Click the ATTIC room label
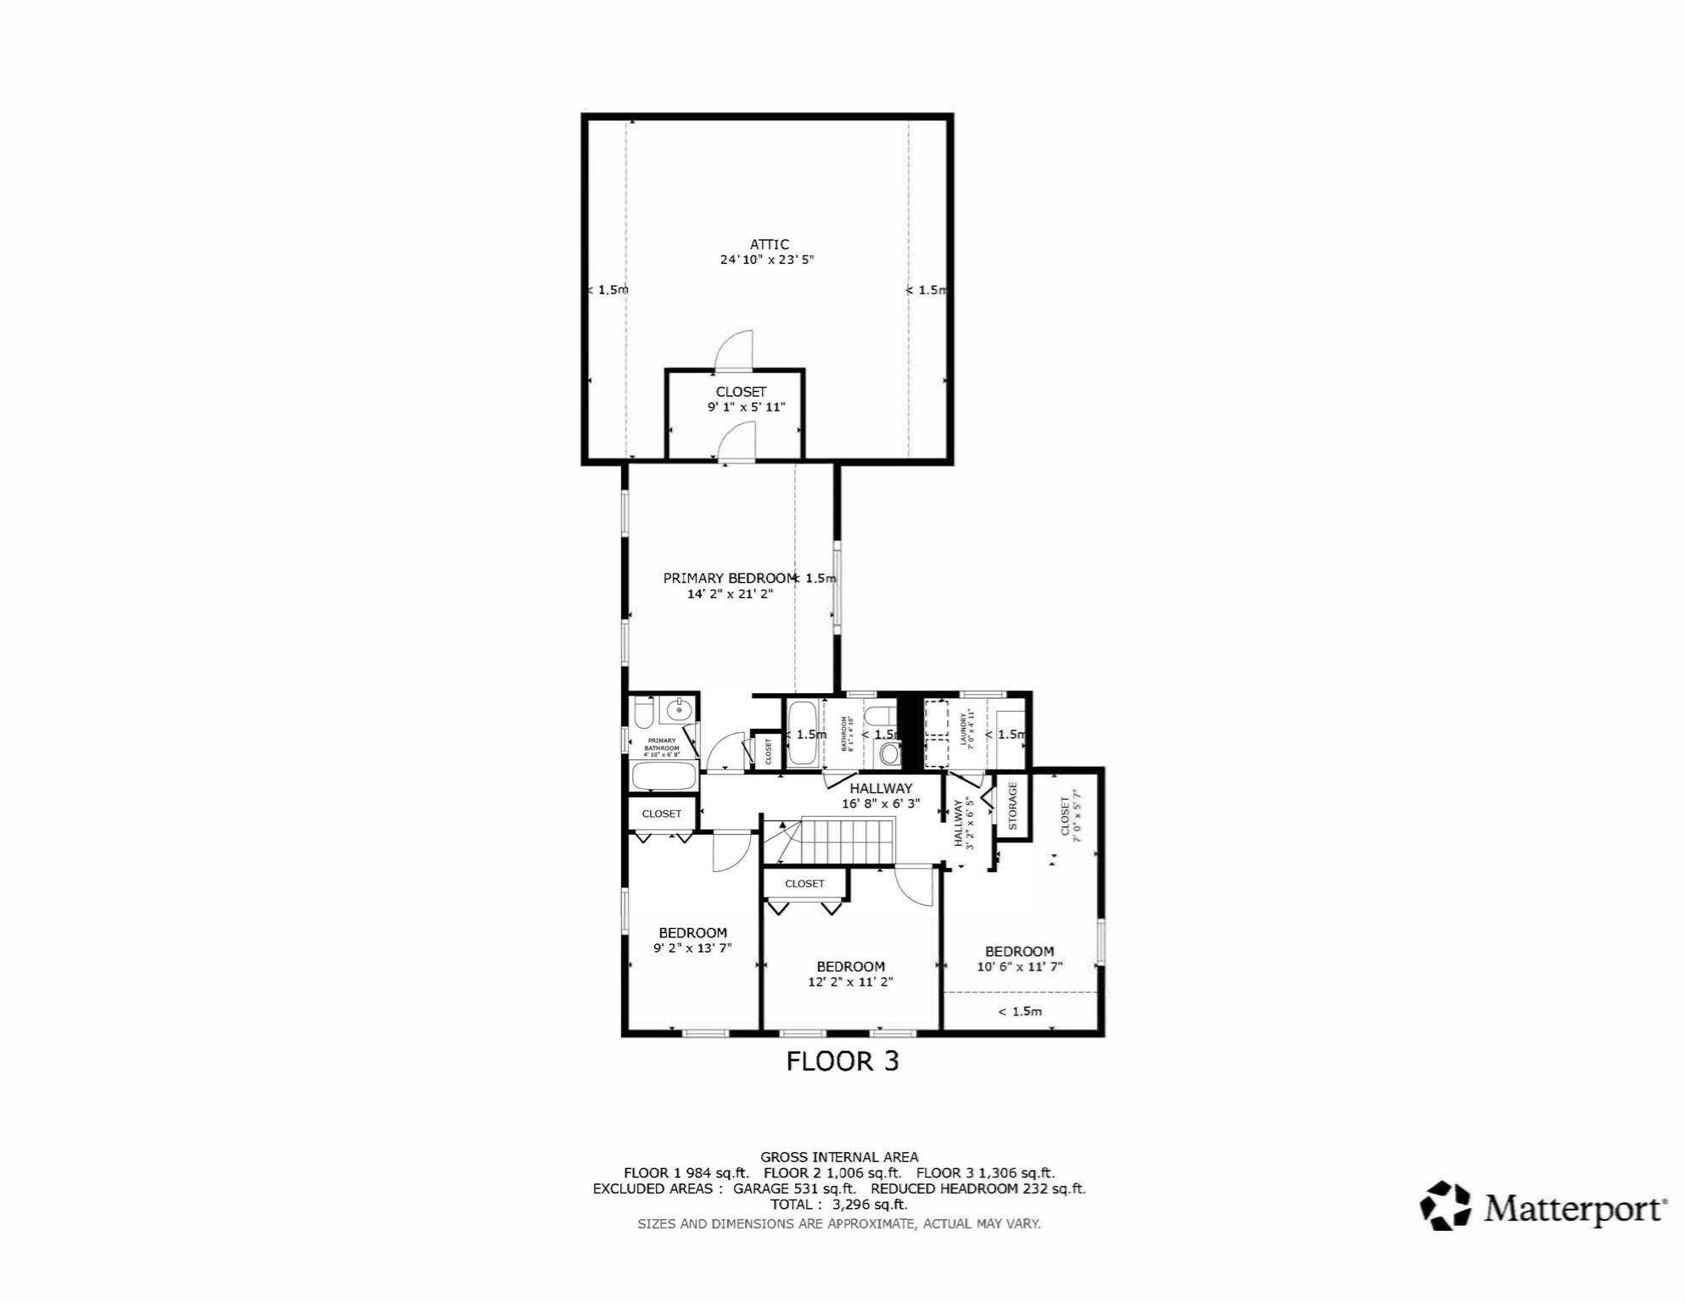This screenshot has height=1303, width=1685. pos(769,244)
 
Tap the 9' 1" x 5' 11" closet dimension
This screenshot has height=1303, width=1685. pos(746,407)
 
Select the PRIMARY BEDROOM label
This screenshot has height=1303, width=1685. pos(729,579)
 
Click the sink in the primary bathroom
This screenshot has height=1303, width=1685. pos(679,710)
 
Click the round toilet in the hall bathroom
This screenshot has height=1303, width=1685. pos(888,752)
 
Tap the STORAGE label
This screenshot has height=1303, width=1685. pos(1012,805)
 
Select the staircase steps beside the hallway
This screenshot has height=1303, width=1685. pos(848,840)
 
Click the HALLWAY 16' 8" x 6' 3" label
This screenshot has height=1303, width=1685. pos(881,796)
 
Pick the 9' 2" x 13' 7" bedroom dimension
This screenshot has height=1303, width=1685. pos(692,948)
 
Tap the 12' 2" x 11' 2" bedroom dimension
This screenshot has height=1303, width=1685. pos(850,982)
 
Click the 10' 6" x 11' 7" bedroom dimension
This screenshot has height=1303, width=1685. pos(1019,967)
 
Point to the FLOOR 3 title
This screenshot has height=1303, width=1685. pos(842,1061)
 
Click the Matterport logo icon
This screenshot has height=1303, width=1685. pos(1445,1205)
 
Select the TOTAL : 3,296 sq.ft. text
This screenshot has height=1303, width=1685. pos(838,1205)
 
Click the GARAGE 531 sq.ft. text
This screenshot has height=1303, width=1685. pos(793,1188)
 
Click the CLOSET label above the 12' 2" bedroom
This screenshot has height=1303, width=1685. pos(804,884)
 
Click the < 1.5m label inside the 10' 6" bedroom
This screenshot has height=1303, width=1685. pos(1019,1011)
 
